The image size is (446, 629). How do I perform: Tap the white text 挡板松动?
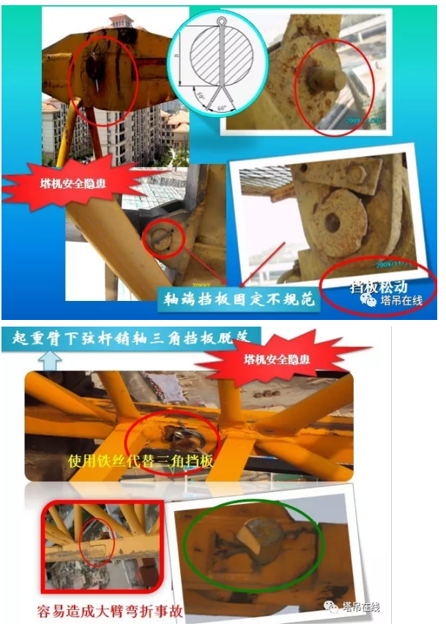click(379, 286)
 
